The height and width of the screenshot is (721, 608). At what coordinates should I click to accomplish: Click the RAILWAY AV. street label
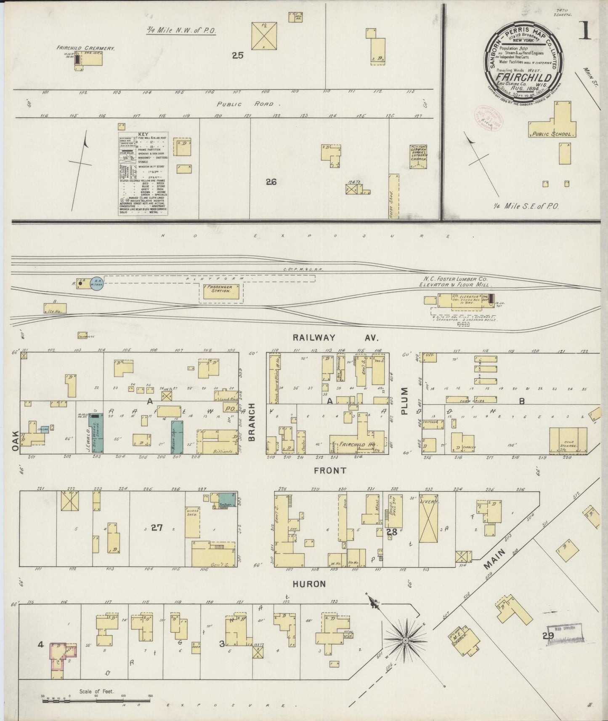(336, 337)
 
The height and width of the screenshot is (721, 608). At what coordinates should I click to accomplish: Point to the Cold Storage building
(568, 441)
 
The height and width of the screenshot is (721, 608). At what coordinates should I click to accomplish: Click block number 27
(157, 527)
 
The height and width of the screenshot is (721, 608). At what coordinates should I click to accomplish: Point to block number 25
(238, 55)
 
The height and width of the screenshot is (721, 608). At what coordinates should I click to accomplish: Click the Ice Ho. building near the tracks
(55, 308)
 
